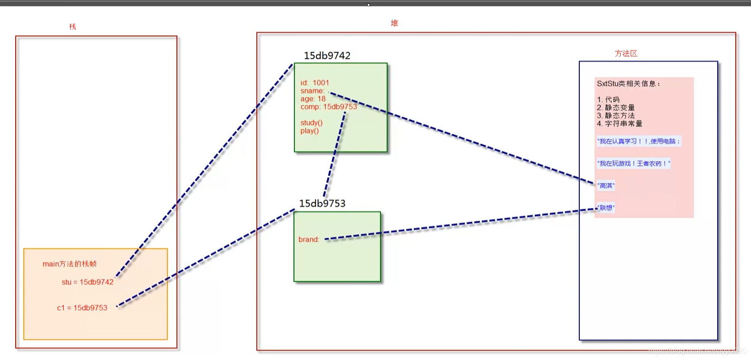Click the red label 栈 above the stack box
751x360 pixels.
pyautogui.click(x=72, y=27)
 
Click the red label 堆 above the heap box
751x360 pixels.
pyautogui.click(x=394, y=23)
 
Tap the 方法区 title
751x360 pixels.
pyautogui.click(x=625, y=53)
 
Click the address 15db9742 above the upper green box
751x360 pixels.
pyautogui.click(x=327, y=56)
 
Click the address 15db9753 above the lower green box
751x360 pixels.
pyautogui.click(x=322, y=204)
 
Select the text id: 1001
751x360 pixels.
pyautogui.click(x=314, y=83)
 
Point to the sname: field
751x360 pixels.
pyautogui.click(x=312, y=91)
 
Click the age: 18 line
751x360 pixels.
pyautogui.click(x=312, y=99)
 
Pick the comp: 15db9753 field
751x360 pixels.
pyautogui.click(x=328, y=107)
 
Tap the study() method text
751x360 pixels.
pyautogui.click(x=311, y=123)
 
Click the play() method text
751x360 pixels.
pyautogui.click(x=309, y=131)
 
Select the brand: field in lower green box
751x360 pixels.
pyautogui.click(x=309, y=240)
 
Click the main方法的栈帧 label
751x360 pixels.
pyautogui.click(x=69, y=264)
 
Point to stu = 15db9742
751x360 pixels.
pyautogui.click(x=88, y=282)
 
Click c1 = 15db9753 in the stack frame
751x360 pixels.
pyautogui.click(x=82, y=308)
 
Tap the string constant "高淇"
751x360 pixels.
pyautogui.click(x=606, y=185)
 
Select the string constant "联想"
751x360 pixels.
pyautogui.click(x=606, y=208)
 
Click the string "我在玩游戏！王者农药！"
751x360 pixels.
pyautogui.click(x=634, y=164)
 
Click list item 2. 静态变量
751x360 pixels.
pyautogui.click(x=615, y=107)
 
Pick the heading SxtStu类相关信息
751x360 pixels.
pyautogui.click(x=628, y=84)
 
